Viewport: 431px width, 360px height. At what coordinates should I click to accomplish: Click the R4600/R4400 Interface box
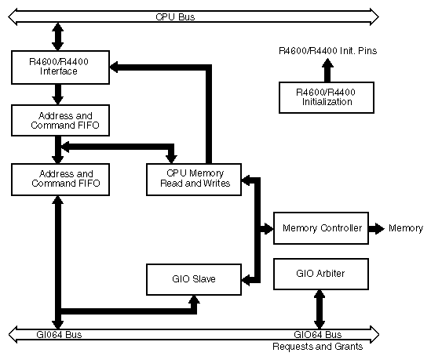pos(60,67)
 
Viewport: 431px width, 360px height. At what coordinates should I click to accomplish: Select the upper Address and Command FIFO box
pos(60,120)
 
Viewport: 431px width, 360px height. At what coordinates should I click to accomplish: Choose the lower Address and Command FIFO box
pos(60,178)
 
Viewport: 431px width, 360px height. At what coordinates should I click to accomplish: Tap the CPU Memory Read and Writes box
pos(194,178)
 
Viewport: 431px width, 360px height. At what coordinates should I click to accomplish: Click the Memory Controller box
pos(321,228)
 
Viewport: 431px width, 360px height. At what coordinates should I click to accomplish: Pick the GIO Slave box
pos(194,279)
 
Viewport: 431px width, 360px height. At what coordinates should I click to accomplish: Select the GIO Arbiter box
pos(321,274)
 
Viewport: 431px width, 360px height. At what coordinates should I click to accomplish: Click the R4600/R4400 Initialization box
pos(325,96)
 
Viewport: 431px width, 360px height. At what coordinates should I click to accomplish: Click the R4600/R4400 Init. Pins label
pos(327,51)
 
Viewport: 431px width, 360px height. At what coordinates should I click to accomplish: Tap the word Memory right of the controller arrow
pos(407,228)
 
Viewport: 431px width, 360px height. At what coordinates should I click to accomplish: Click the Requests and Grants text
pos(317,346)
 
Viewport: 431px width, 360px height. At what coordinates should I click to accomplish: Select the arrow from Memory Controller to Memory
pos(378,228)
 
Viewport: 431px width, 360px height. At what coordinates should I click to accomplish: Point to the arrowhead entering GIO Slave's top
pos(193,299)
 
